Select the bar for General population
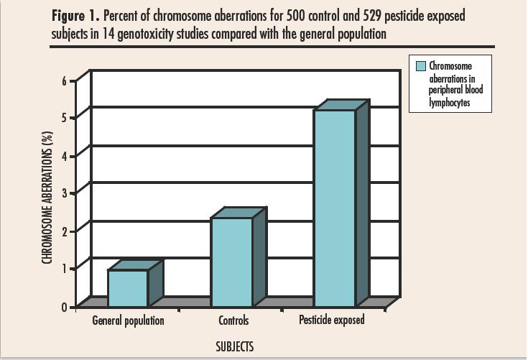point(128,287)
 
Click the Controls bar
point(231,262)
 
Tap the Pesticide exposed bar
point(335,208)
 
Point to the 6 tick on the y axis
point(64,80)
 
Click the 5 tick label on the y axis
point(64,118)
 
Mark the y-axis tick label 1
point(64,268)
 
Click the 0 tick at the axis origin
point(64,307)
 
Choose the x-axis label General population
point(129,320)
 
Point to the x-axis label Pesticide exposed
point(332,320)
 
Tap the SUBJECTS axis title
point(234,347)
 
